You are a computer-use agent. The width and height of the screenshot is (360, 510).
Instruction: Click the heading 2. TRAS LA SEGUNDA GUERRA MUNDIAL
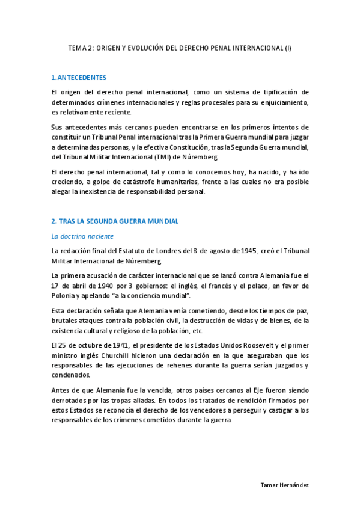pos(115,221)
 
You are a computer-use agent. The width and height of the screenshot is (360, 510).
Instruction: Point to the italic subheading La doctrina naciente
pos(82,236)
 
